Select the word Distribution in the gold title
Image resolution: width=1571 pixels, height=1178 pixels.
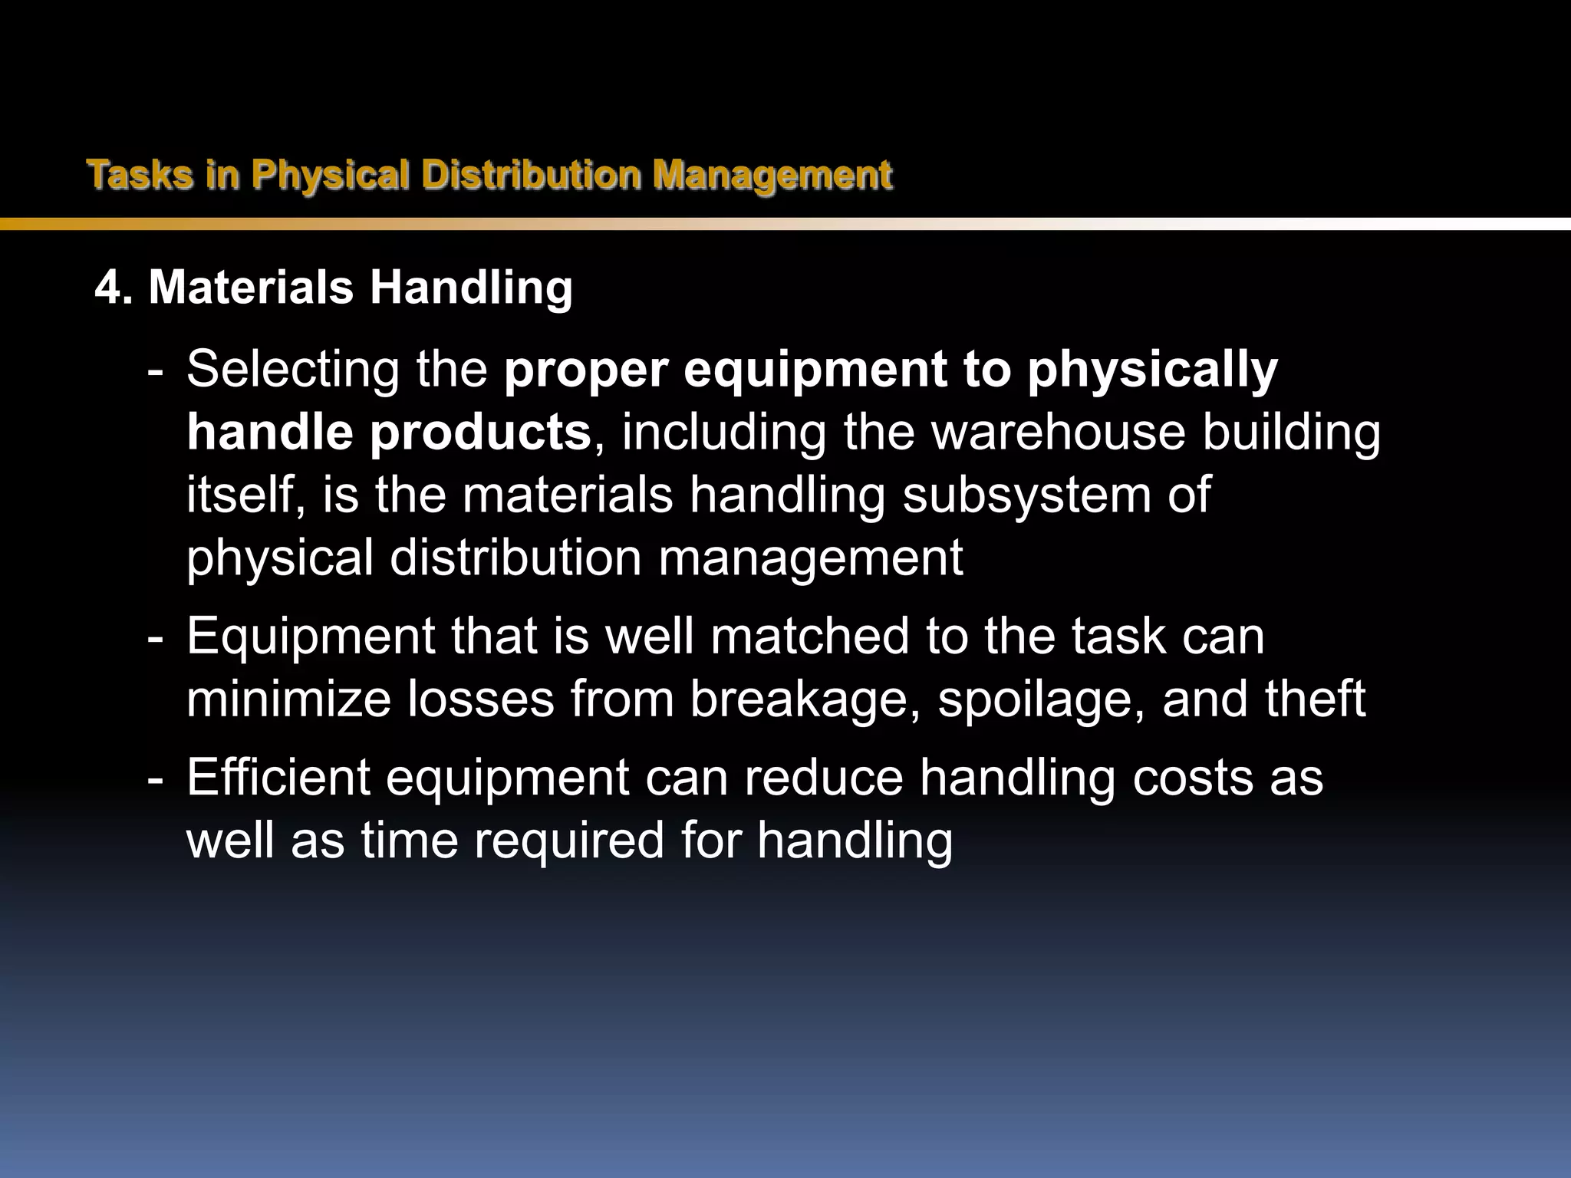531,175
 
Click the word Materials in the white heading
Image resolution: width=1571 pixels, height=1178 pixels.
251,288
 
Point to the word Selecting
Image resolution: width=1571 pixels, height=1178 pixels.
293,370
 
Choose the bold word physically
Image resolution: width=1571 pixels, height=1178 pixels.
1152,370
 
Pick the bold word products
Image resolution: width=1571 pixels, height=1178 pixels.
480,433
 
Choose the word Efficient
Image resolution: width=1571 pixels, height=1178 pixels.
278,778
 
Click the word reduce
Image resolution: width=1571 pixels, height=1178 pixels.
824,778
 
